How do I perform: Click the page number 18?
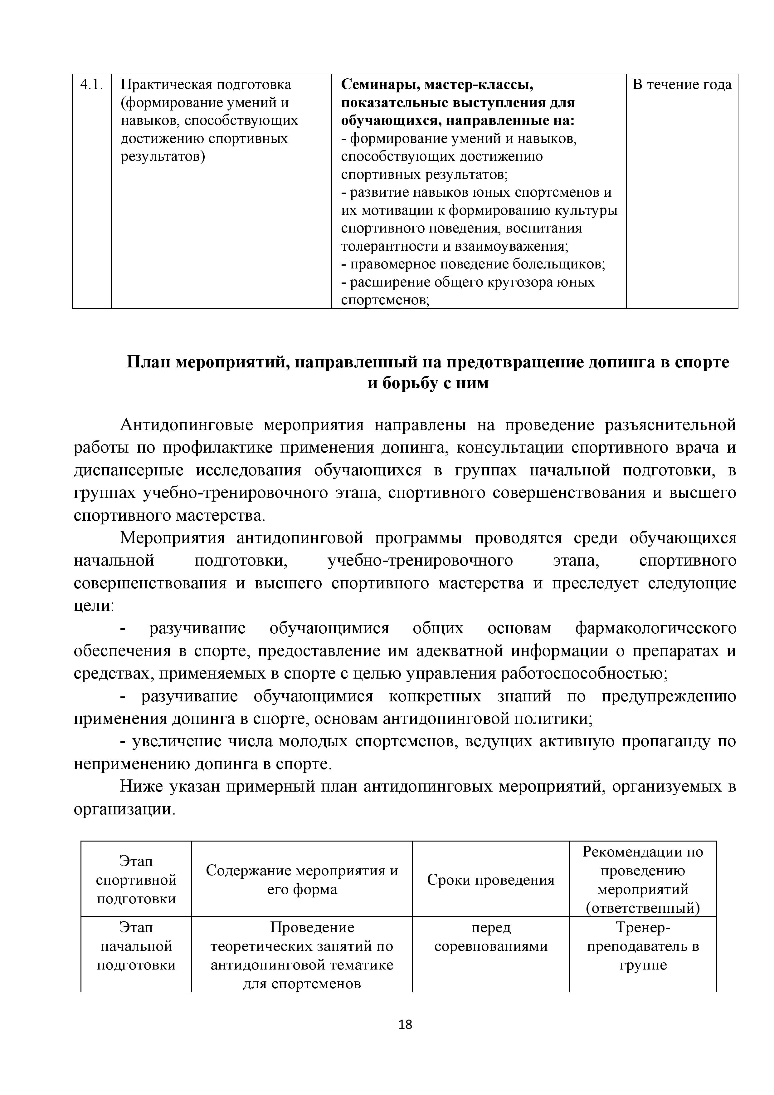coord(405,1024)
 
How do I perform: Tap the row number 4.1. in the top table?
coord(91,85)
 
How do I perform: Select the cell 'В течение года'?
coord(682,85)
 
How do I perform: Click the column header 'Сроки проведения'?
coord(490,880)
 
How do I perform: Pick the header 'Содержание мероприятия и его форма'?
coord(302,880)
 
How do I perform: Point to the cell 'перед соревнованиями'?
coord(490,937)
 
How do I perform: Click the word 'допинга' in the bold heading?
coord(621,362)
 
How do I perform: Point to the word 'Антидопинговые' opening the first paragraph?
coord(186,425)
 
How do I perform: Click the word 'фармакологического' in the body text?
coord(655,629)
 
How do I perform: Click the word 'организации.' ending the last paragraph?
coord(125,810)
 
